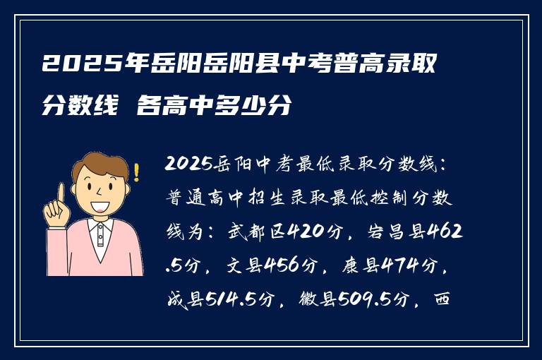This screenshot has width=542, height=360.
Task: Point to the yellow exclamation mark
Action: [x=136, y=172]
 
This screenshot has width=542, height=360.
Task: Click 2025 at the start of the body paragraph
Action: [x=183, y=164]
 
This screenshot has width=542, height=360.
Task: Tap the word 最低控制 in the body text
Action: [x=383, y=197]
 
